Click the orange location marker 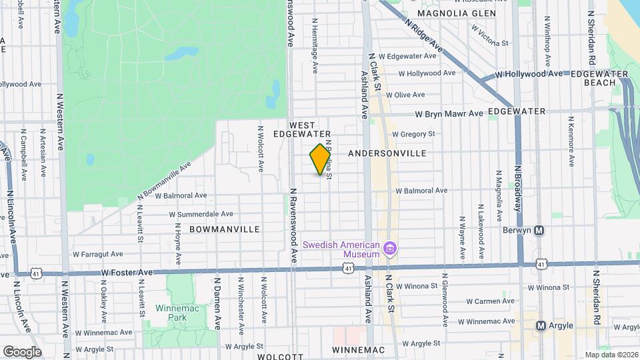pyautogui.click(x=321, y=159)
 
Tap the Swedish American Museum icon pyautogui.click(x=391, y=249)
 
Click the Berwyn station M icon pyautogui.click(x=540, y=231)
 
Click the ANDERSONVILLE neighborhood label pyautogui.click(x=387, y=153)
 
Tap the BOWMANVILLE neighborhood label pyautogui.click(x=224, y=229)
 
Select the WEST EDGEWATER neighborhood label pyautogui.click(x=311, y=129)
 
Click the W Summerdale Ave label pyautogui.click(x=201, y=215)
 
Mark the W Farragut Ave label pyautogui.click(x=98, y=254)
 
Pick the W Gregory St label pyautogui.click(x=413, y=134)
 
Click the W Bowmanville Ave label pyautogui.click(x=164, y=179)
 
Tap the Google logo pyautogui.click(x=21, y=351)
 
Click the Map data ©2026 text pyautogui.click(x=611, y=355)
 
